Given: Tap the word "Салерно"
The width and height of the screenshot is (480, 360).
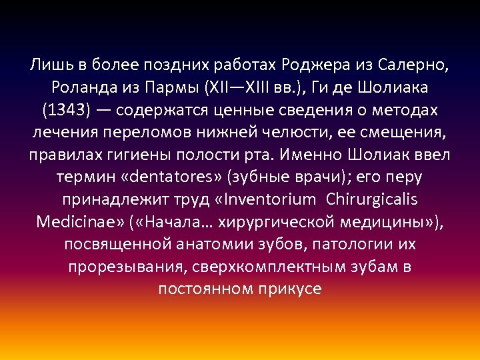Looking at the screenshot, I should pos(413,66).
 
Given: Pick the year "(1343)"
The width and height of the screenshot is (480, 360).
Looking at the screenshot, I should pos(66,111).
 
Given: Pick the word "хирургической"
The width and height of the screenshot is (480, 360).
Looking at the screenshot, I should pos(275,222).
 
